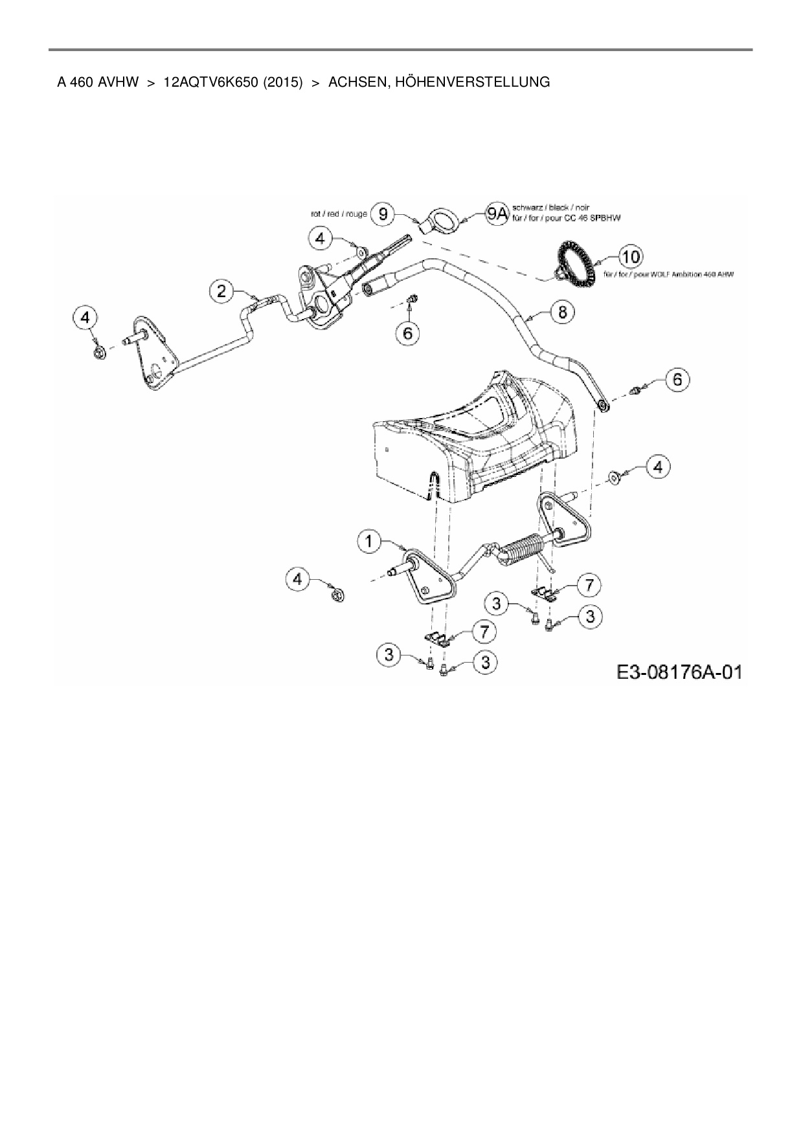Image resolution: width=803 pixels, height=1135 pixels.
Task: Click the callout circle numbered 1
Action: click(370, 541)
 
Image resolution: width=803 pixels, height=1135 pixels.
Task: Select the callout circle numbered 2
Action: click(221, 292)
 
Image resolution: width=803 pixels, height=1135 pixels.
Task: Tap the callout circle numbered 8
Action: click(562, 312)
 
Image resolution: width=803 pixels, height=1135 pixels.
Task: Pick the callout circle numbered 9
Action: click(383, 214)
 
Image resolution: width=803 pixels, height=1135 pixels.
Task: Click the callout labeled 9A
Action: click(497, 214)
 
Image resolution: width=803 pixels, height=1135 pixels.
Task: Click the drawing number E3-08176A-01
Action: click(679, 672)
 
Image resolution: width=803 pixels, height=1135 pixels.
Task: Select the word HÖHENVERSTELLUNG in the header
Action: click(439, 82)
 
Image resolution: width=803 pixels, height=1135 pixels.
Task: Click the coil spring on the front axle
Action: click(526, 551)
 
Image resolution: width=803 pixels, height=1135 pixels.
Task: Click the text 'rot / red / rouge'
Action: click(339, 214)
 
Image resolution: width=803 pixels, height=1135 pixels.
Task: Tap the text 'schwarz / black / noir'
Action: click(550, 208)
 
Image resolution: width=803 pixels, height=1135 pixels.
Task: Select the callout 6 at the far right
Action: click(677, 379)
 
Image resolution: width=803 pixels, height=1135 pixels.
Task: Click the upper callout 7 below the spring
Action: click(589, 585)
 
